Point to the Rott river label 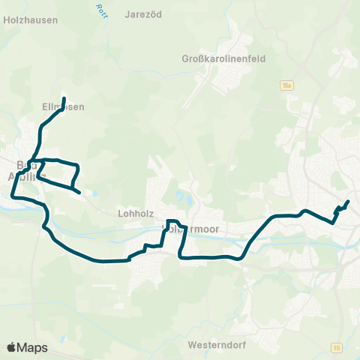point(100,9)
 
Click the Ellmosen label point(63,107)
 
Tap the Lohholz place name point(136,212)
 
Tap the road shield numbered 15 point(336,346)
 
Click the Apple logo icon point(12,347)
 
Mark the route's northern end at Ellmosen point(64,99)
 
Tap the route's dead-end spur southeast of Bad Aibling point(80,193)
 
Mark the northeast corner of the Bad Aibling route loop point(78,164)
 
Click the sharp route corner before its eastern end point(332,222)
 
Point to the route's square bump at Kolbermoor point(170,222)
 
